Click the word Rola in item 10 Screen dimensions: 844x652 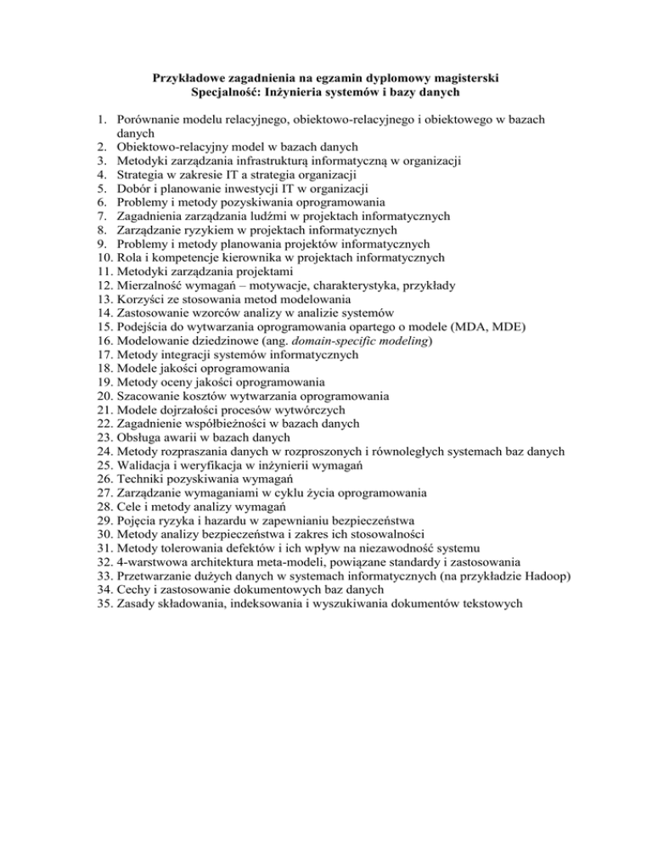[x=132, y=257]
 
